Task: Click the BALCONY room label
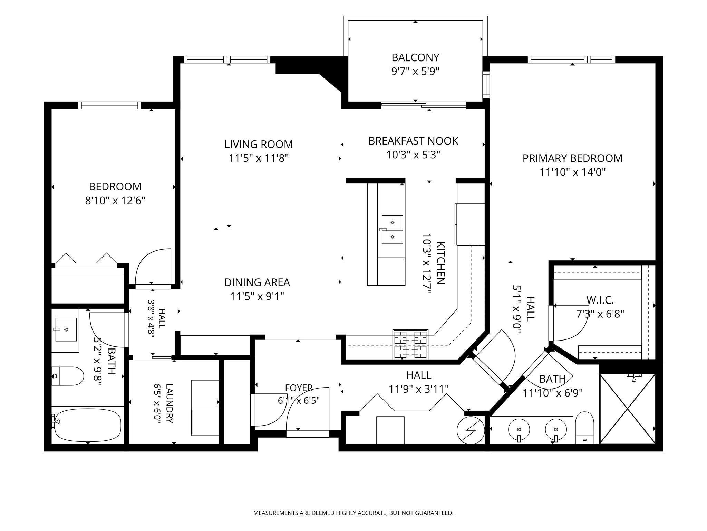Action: click(x=415, y=57)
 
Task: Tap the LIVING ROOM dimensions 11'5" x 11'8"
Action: click(x=259, y=158)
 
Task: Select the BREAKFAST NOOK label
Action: click(x=413, y=141)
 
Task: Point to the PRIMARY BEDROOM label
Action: click(x=572, y=158)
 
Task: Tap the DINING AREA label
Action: click(x=257, y=282)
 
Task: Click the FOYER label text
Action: click(x=299, y=388)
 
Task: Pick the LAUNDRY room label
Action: click(x=169, y=403)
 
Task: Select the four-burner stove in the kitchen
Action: click(x=410, y=344)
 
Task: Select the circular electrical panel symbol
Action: click(x=471, y=430)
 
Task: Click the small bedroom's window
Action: click(x=110, y=105)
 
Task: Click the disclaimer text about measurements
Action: click(x=353, y=513)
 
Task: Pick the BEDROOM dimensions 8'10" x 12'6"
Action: click(x=115, y=201)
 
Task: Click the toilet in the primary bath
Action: click(x=584, y=428)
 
